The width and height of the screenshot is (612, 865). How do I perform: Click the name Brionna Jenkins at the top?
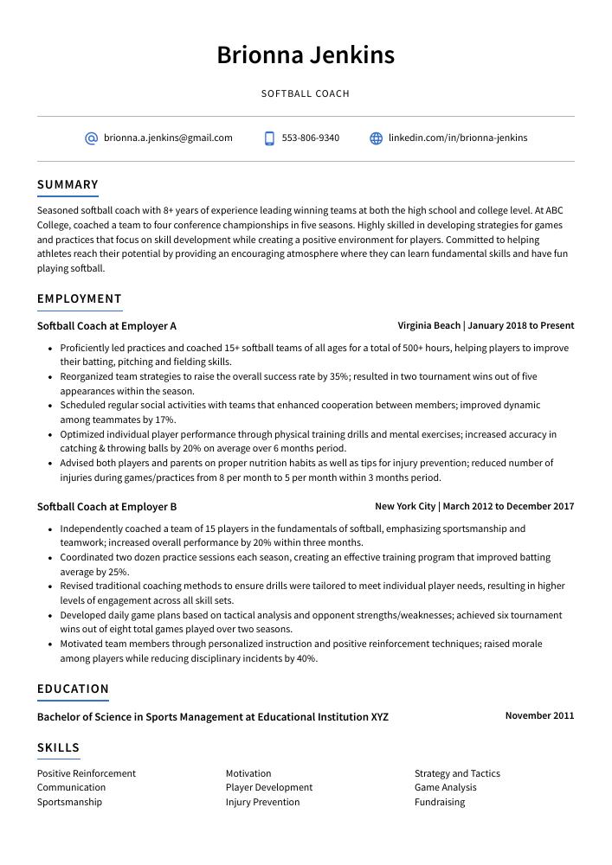coord(306,55)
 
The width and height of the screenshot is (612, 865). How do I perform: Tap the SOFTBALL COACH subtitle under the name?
coord(306,93)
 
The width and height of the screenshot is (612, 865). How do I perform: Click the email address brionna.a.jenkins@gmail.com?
coord(168,138)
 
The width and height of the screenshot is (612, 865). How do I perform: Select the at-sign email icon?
coord(91,138)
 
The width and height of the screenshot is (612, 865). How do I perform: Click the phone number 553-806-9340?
coord(310,138)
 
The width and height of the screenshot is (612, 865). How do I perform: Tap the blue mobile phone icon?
coord(269,138)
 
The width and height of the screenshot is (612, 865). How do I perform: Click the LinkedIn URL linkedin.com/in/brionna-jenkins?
coord(457,138)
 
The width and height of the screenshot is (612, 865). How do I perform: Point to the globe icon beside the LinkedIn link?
coord(376,138)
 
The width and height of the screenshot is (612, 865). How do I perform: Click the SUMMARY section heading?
coord(68,184)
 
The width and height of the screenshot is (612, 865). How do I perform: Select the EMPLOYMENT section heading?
coord(80,298)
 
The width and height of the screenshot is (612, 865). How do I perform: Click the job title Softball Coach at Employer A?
coord(106,326)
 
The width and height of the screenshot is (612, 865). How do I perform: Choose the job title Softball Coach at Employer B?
coord(106,507)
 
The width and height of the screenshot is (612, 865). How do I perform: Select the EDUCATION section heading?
coord(73,689)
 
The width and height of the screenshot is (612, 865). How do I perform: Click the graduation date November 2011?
coord(539,715)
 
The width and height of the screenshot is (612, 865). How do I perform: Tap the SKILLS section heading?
coord(58,747)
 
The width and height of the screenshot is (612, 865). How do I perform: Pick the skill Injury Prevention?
coord(262,802)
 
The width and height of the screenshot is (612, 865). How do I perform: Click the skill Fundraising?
coord(439,802)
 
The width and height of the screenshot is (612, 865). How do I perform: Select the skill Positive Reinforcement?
coord(87,773)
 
